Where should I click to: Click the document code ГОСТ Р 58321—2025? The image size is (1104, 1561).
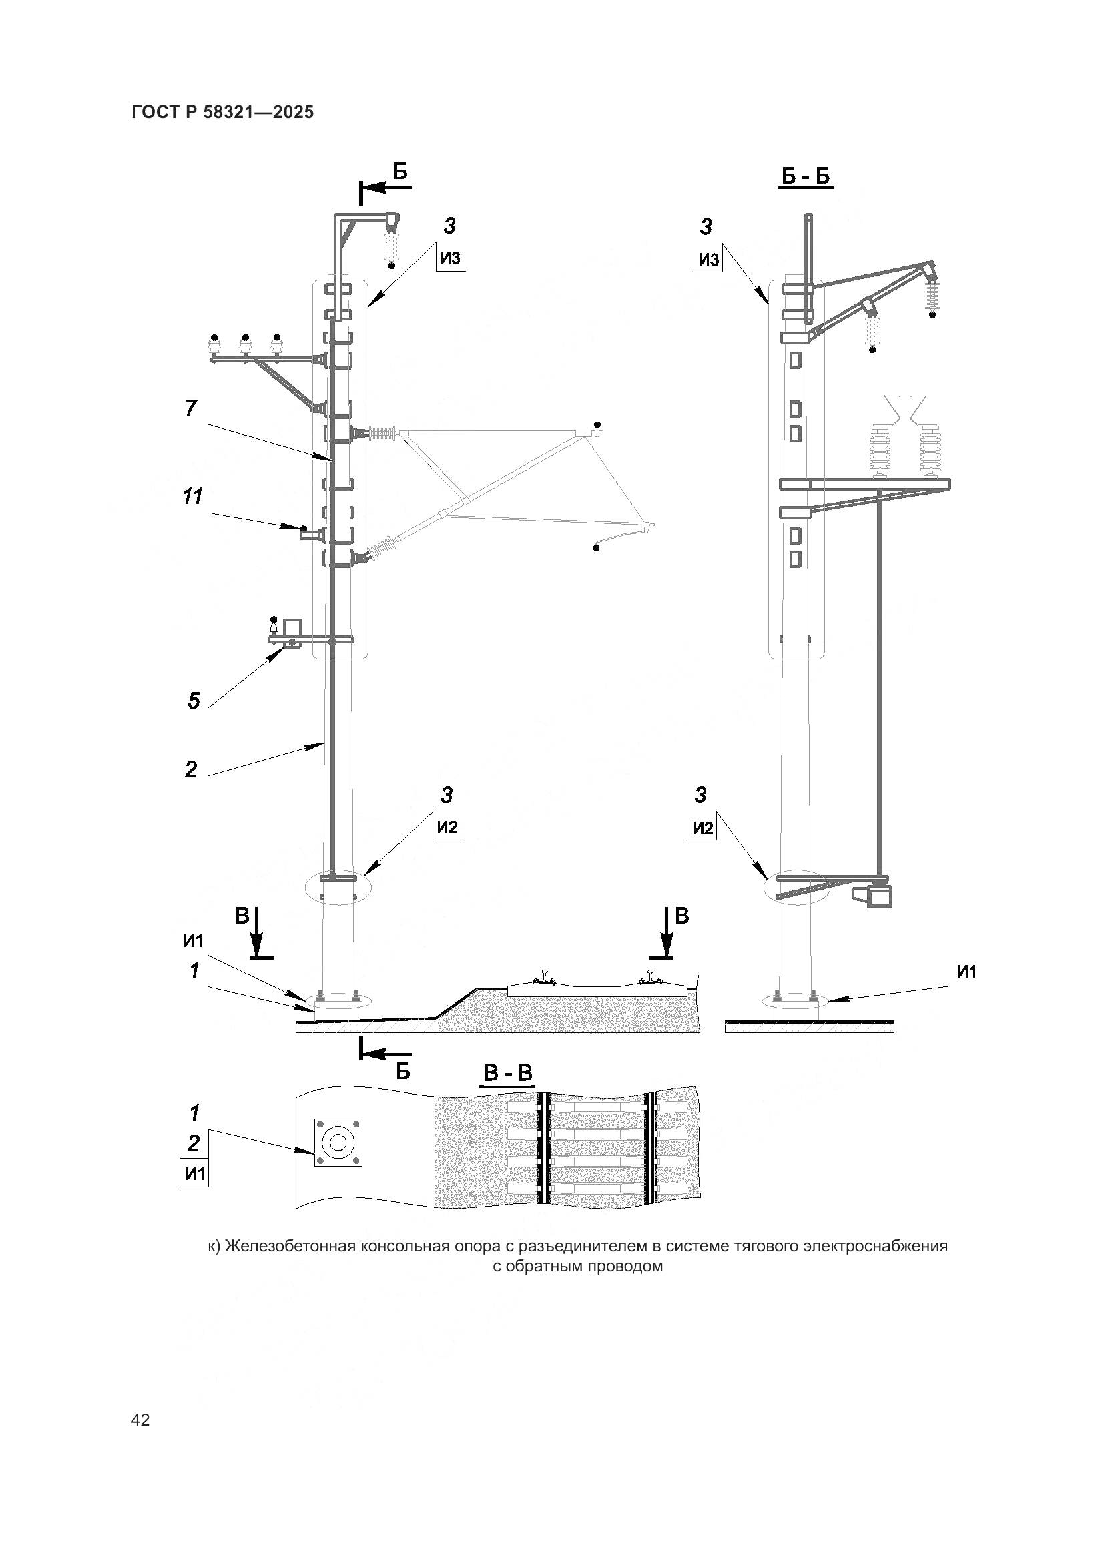223,112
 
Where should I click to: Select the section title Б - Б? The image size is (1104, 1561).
806,177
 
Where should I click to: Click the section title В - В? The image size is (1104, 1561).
507,1074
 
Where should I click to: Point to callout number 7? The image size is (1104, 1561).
191,408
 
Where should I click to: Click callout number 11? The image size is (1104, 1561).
192,497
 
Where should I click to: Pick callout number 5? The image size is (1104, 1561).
194,700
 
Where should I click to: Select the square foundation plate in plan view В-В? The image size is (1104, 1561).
338,1143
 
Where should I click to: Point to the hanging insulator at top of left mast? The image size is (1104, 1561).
392,248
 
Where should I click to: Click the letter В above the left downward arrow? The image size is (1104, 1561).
242,916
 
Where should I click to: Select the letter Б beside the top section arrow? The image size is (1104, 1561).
400,172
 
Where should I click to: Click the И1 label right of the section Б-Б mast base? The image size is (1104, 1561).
966,972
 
